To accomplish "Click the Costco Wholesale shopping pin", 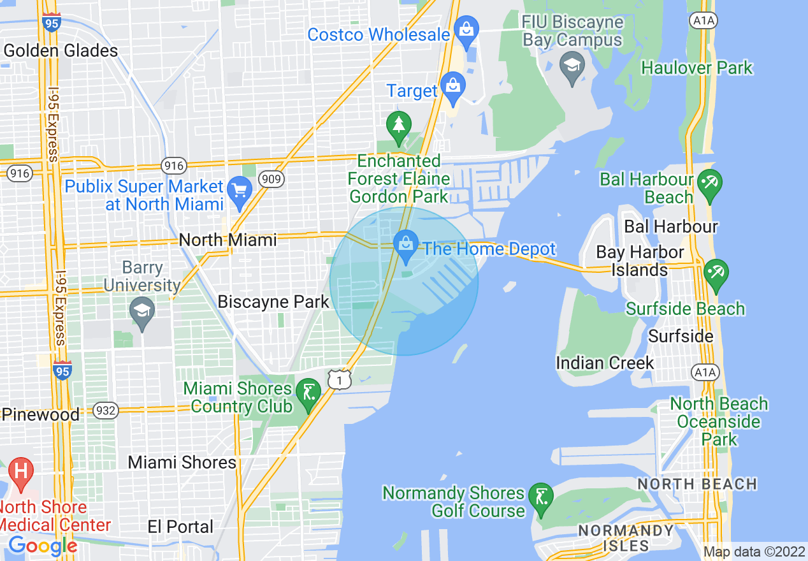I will tap(467, 31).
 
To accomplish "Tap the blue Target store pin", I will tap(453, 89).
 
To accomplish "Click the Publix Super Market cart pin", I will tap(240, 191).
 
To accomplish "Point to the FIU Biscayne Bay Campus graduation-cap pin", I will tap(572, 66).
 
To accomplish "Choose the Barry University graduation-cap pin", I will tap(141, 312).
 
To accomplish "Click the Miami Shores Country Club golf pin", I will tap(309, 394).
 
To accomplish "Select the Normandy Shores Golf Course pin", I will tap(541, 499).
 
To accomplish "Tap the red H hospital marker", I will tap(21, 474).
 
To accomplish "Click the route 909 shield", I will tap(272, 179).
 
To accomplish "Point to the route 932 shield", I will tap(105, 411).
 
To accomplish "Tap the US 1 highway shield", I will tap(340, 380).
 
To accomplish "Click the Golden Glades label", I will tap(61, 51).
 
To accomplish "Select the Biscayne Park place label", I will tap(273, 302).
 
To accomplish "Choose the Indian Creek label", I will tap(605, 363).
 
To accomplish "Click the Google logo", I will tap(43, 546).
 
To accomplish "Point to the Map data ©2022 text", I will tap(754, 551).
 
